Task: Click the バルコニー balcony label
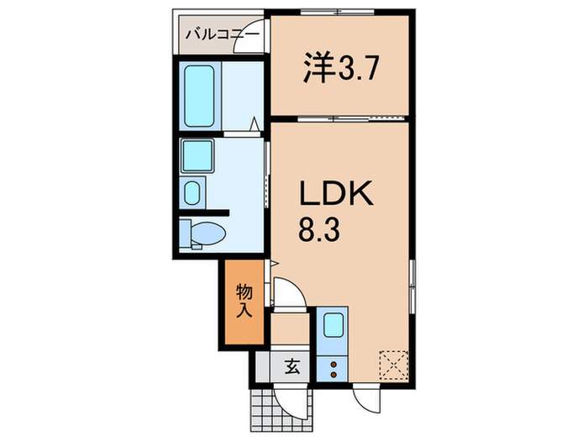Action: point(223,35)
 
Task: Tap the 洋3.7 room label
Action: point(340,69)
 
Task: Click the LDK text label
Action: point(336,193)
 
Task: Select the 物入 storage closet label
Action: point(244,301)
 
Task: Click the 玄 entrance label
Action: point(292,366)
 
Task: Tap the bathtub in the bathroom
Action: point(199,96)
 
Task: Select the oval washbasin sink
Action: point(192,192)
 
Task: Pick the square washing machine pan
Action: point(197,155)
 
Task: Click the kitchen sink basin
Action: point(333,325)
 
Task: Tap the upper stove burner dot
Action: point(333,364)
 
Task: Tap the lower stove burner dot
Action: point(333,374)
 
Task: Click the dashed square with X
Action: point(393,365)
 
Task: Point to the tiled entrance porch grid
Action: point(281,411)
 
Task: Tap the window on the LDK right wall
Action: point(412,286)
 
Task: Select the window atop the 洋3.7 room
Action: point(337,12)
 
